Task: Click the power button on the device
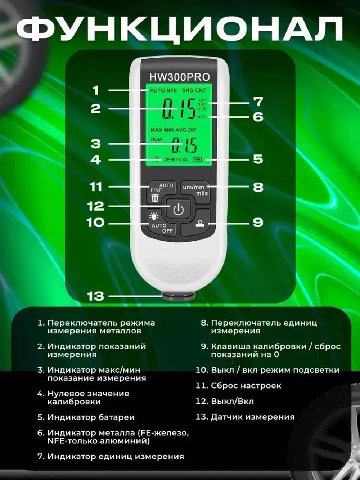(179, 209)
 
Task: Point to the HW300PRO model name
(179, 77)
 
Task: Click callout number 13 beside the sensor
(95, 296)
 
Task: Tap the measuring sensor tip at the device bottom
(179, 296)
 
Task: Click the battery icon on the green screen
(198, 159)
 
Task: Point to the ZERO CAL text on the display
(176, 159)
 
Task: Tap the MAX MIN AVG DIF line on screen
(174, 130)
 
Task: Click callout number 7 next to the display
(258, 102)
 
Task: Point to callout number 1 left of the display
(95, 90)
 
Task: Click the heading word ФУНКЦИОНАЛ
(180, 28)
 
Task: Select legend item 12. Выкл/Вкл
(225, 401)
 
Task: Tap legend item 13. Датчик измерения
(245, 417)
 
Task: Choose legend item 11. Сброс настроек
(239, 386)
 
